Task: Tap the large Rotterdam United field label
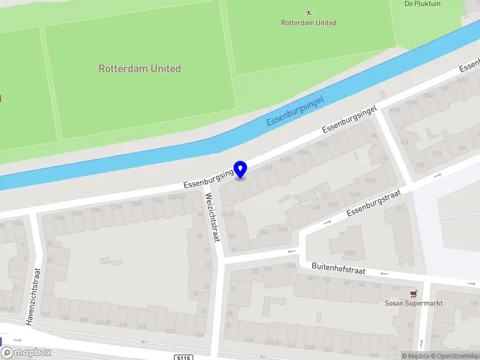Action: coord(139,68)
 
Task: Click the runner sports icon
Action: coord(308,12)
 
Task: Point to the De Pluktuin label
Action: coord(422,4)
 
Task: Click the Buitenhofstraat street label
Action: coord(338,268)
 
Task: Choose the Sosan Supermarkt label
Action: coord(413,303)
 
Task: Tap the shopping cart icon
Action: coord(413,293)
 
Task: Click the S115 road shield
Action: coord(184,358)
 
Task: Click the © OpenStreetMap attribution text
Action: coord(455,356)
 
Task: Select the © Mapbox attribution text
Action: coord(415,356)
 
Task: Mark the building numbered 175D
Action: coord(342,253)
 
